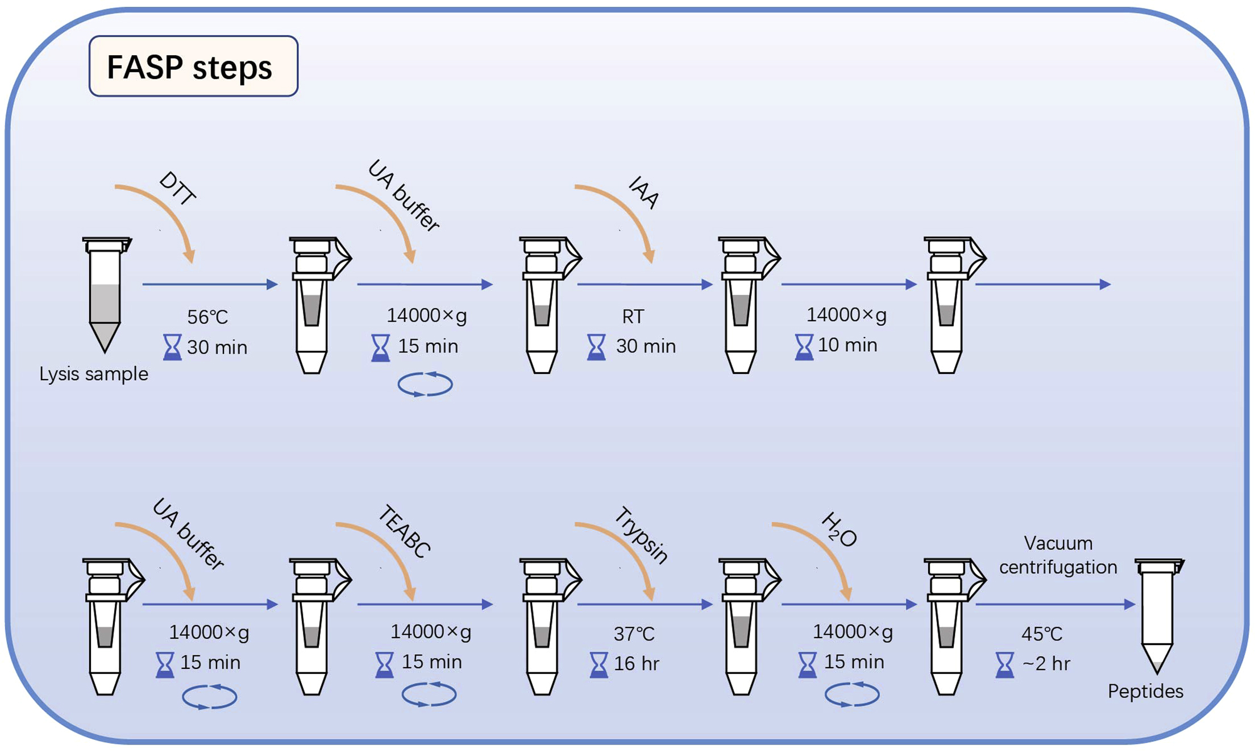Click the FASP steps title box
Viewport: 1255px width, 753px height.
(193, 66)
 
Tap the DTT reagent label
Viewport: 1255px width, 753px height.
(178, 189)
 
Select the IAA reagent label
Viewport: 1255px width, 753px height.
(644, 192)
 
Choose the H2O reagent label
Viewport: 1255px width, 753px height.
(839, 530)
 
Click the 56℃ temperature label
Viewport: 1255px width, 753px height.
(207, 317)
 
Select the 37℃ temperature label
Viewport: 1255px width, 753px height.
(634, 634)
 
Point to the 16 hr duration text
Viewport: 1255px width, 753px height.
(637, 664)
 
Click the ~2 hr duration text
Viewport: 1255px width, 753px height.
(1046, 664)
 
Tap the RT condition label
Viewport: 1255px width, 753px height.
(633, 317)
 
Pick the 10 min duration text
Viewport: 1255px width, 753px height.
(847, 345)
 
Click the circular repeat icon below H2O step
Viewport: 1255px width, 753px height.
(852, 694)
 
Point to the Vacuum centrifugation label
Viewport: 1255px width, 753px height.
(1058, 555)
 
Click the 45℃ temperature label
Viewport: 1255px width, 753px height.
(1041, 634)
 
